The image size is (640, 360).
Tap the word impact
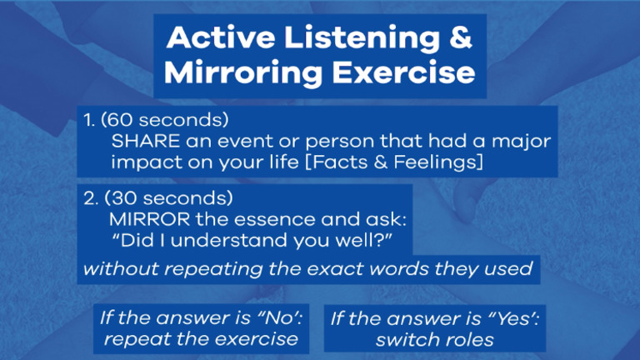coord(142,162)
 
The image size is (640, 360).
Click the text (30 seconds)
coord(167,200)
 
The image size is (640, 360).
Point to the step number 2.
coord(89,200)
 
